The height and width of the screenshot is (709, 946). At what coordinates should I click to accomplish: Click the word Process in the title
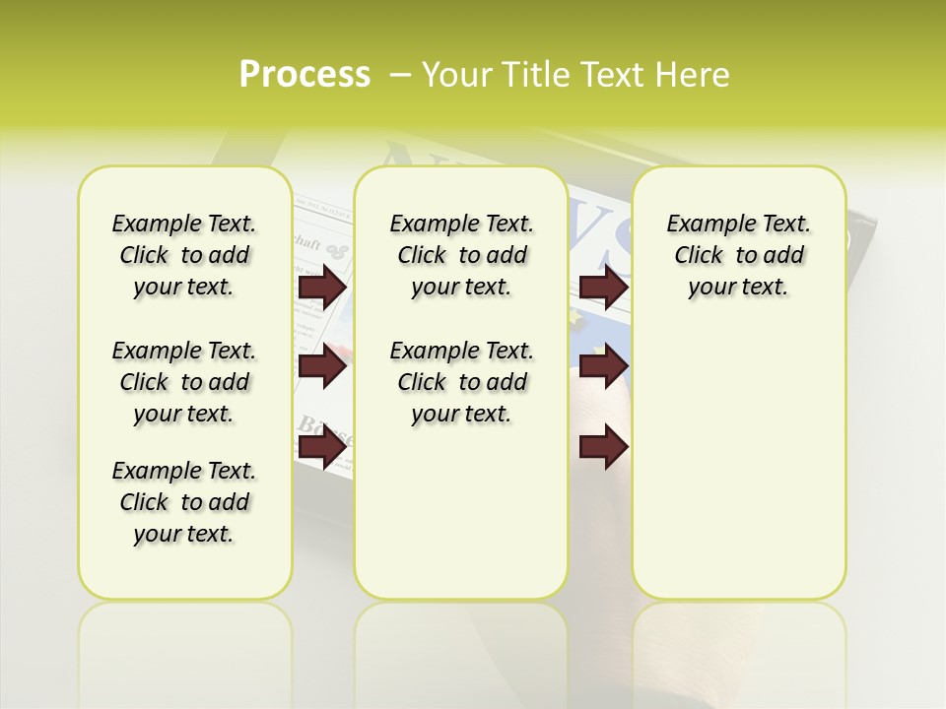(x=304, y=75)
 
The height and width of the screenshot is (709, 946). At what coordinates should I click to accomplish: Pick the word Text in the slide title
(x=611, y=75)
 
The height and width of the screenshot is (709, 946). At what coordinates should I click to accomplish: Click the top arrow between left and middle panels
(x=322, y=287)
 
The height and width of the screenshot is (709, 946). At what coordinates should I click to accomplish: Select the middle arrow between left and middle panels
(x=322, y=367)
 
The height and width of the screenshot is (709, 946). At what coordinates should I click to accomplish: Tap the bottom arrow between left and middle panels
(x=322, y=447)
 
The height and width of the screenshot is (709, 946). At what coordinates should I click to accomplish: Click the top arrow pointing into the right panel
(x=603, y=287)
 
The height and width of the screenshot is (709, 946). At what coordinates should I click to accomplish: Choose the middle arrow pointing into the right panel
(x=603, y=367)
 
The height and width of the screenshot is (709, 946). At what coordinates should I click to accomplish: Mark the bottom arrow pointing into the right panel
(x=603, y=447)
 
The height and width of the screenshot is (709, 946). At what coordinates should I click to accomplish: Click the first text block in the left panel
(x=184, y=255)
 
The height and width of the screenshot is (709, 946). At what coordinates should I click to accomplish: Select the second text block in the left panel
(x=184, y=382)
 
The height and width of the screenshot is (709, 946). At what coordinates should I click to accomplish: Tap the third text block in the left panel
(x=184, y=502)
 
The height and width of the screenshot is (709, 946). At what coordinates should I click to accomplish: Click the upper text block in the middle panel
(x=461, y=255)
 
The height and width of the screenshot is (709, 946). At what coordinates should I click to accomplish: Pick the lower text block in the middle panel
(x=461, y=382)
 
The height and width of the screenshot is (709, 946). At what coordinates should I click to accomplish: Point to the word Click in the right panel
(x=699, y=256)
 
